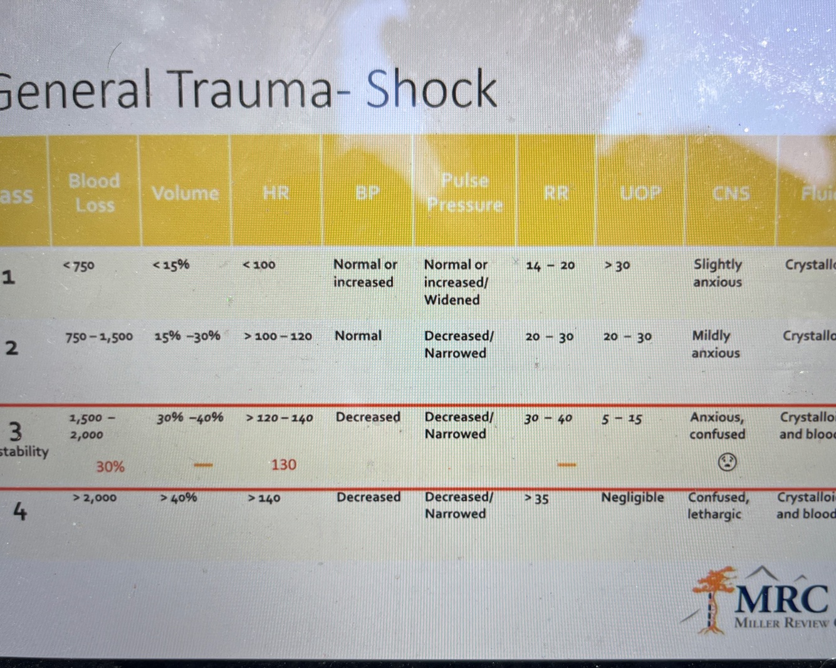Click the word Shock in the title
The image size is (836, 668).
pyautogui.click(x=431, y=89)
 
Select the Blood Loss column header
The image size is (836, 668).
pyautogui.click(x=94, y=193)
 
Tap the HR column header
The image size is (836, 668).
pyautogui.click(x=276, y=193)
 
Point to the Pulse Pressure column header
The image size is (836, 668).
pyautogui.click(x=464, y=193)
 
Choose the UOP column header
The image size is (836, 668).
pyautogui.click(x=640, y=193)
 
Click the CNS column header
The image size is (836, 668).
pyautogui.click(x=731, y=193)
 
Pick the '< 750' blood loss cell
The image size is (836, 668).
pyautogui.click(x=79, y=266)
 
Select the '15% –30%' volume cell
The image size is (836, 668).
pyautogui.click(x=187, y=336)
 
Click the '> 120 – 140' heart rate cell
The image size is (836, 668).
pyautogui.click(x=280, y=418)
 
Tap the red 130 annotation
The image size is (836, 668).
pyautogui.click(x=283, y=465)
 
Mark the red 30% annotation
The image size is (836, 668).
pyautogui.click(x=110, y=467)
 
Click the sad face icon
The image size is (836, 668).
pyautogui.click(x=727, y=462)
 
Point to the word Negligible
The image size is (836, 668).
pyautogui.click(x=632, y=497)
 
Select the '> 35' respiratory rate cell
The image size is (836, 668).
pyautogui.click(x=537, y=499)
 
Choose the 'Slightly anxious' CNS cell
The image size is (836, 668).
pyautogui.click(x=718, y=273)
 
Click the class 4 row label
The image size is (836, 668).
pyautogui.click(x=20, y=512)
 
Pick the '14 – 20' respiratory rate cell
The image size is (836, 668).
pyautogui.click(x=550, y=265)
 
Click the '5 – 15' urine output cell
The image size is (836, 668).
pyautogui.click(x=622, y=418)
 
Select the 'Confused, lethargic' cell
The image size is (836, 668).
pyautogui.click(x=718, y=506)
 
